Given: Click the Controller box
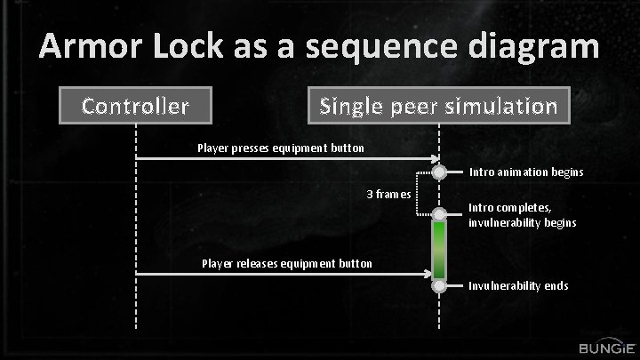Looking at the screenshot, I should (135, 107).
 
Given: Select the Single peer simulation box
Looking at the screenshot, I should (438, 107).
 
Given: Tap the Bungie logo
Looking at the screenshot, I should (605, 346).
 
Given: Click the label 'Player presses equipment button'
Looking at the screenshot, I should (280, 148).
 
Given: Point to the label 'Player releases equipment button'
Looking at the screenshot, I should (287, 263).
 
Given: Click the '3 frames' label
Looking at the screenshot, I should (388, 194).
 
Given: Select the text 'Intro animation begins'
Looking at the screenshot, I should (526, 172).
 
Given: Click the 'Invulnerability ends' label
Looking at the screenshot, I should (518, 286).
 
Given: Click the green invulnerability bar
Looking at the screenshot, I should (439, 250).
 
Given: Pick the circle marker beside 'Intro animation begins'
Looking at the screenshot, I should (439, 172).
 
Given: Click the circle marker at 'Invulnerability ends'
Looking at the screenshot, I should (439, 286).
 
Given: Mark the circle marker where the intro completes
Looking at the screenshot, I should (439, 214).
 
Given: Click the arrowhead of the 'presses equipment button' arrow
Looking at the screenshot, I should (435, 158).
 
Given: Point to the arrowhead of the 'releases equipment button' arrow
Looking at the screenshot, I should (435, 274).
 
